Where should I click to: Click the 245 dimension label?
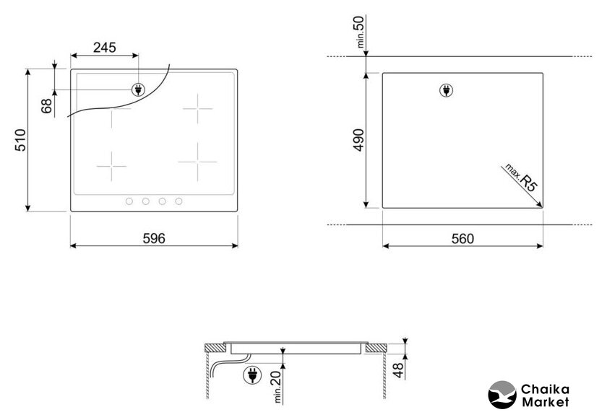(105, 48)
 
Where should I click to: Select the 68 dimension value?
(46, 106)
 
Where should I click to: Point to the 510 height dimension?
(20, 140)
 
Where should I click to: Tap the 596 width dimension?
(154, 238)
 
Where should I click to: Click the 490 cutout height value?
(359, 140)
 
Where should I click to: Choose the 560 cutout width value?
(462, 239)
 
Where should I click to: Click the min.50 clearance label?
(359, 32)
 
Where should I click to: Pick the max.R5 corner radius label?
(522, 178)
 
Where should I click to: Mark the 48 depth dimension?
(398, 370)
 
